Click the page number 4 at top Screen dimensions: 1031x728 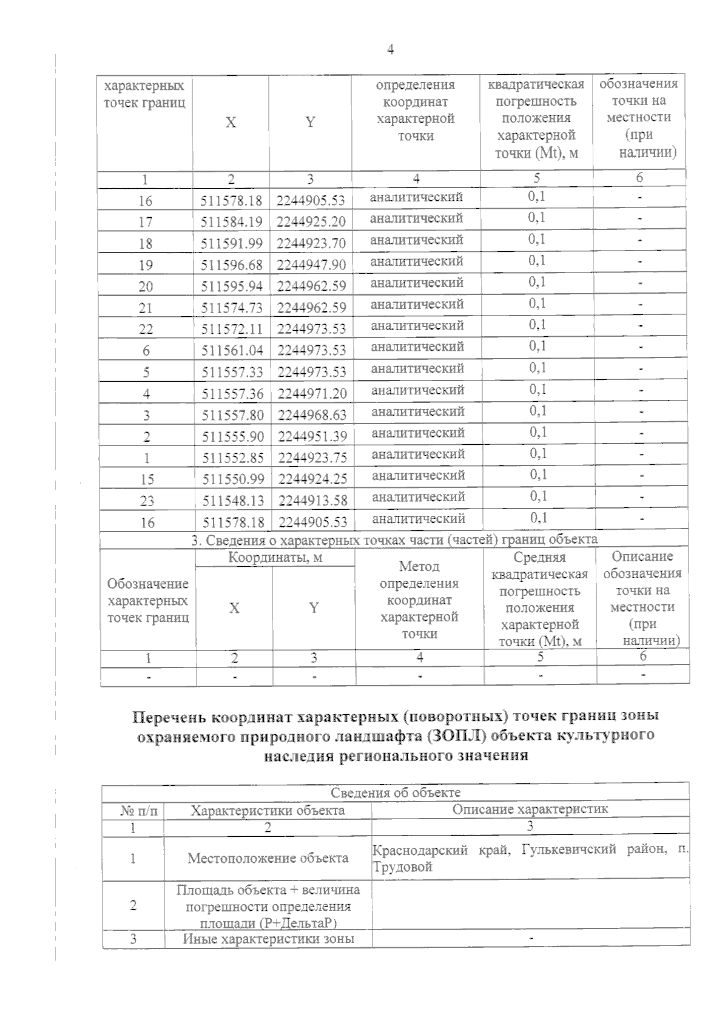[x=390, y=50]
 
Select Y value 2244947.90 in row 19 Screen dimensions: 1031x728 [x=311, y=265]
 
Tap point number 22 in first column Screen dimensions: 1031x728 [x=146, y=330]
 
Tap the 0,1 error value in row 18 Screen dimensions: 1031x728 [x=536, y=239]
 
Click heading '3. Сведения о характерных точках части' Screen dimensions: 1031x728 [x=394, y=539]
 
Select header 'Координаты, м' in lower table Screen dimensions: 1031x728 [x=275, y=558]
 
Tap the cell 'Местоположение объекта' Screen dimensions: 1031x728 [x=268, y=858]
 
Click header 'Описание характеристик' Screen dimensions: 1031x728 [x=530, y=809]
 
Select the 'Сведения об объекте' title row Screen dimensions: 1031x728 [x=396, y=793]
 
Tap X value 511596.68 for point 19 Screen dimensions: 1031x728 [x=232, y=265]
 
